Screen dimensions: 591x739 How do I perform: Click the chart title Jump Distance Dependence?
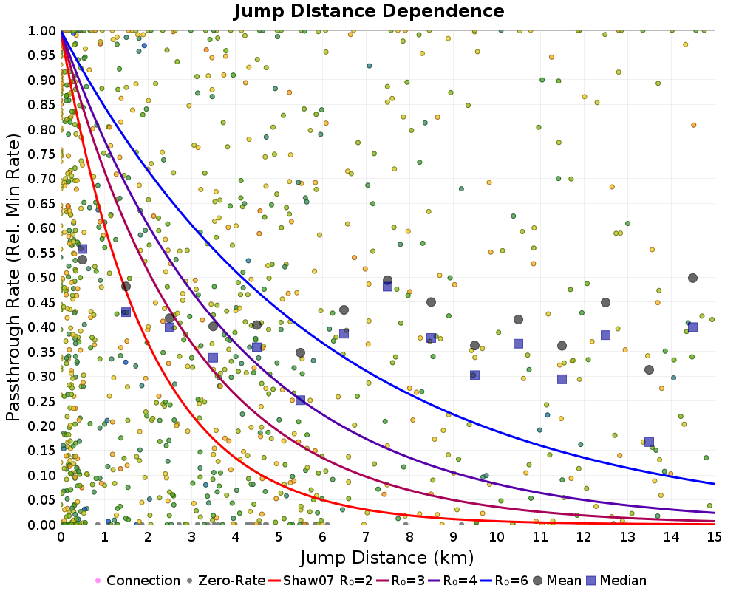pos(369,12)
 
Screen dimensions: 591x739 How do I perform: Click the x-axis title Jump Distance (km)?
pos(387,556)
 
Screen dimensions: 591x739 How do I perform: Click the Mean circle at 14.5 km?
pos(692,278)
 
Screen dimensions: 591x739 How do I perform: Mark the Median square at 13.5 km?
pos(649,442)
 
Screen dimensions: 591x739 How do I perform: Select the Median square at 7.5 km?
pos(387,286)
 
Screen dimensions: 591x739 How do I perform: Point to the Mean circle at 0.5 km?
pos(82,259)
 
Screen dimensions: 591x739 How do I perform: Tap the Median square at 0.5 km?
pos(82,249)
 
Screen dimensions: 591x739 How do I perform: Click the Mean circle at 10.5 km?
pos(518,319)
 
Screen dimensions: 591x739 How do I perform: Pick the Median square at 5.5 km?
pos(300,400)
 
